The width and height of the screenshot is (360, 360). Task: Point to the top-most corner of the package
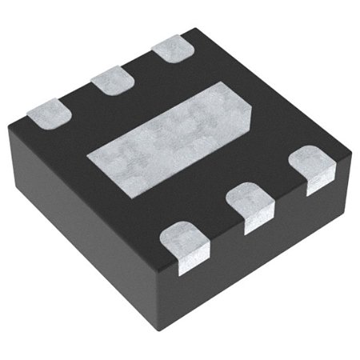[x=192, y=30]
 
